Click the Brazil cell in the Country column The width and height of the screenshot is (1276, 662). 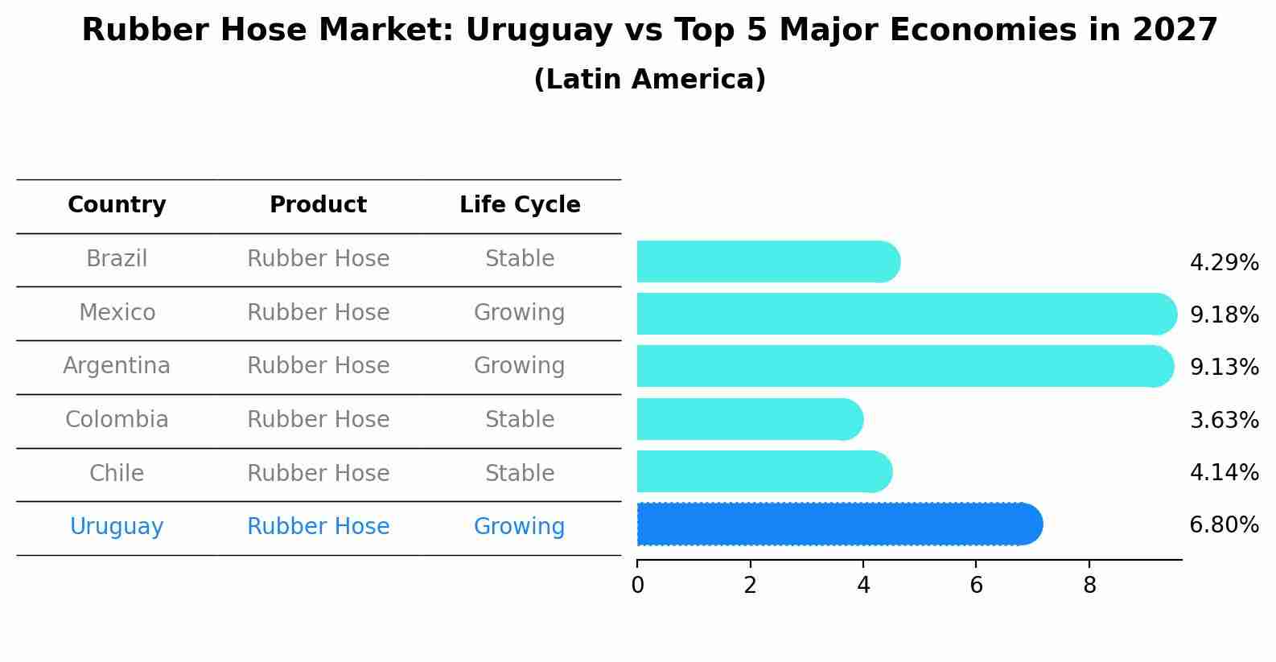click(117, 259)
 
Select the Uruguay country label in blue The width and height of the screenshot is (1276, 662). click(117, 527)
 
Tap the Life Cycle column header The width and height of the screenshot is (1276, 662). click(520, 205)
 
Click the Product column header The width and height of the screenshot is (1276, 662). click(318, 205)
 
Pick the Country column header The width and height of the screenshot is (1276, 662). click(117, 205)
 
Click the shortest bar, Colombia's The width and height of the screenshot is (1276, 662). click(749, 419)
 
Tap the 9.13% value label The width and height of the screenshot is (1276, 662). click(1224, 368)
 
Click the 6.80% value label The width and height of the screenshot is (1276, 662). click(1224, 525)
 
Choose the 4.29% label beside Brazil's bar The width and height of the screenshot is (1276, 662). click(1224, 263)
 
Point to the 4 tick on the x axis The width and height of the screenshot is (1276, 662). click(863, 586)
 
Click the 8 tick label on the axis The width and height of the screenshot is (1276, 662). click(1089, 586)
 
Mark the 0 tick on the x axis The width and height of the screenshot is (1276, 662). click(637, 586)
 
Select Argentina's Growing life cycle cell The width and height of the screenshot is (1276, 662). click(519, 366)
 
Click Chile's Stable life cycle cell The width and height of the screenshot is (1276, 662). click(519, 474)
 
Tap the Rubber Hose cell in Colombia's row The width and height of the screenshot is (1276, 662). click(318, 420)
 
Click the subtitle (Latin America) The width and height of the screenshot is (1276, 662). click(649, 80)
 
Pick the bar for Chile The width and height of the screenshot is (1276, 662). click(764, 471)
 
